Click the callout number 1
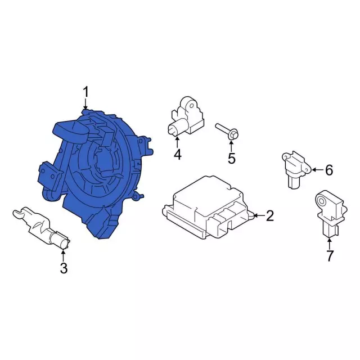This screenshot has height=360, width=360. (x=85, y=92)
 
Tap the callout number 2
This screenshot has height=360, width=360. (x=270, y=216)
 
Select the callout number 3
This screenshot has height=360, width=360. (x=64, y=268)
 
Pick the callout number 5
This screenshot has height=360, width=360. (x=231, y=158)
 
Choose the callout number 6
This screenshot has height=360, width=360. (x=329, y=170)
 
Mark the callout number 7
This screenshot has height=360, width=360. (x=330, y=256)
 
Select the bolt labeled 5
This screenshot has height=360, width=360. (x=227, y=132)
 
